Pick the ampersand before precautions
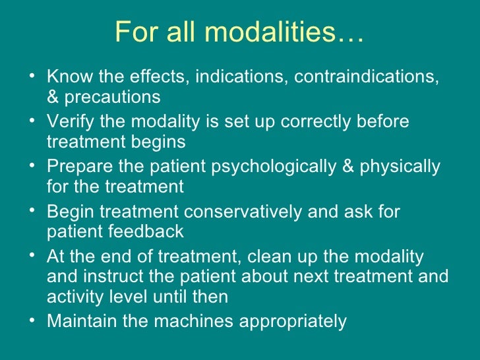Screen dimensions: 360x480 tap(53, 98)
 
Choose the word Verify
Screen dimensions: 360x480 tap(70, 122)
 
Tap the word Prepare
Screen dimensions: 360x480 tap(78, 167)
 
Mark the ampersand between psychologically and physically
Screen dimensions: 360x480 tap(348, 167)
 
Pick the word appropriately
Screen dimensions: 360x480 tap(289, 322)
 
